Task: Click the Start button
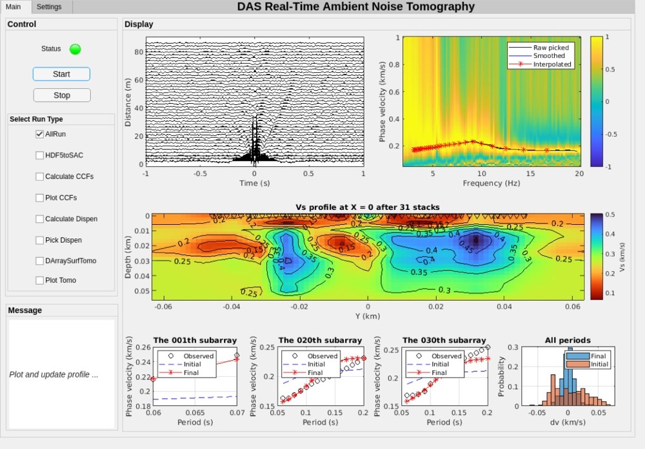click(61, 74)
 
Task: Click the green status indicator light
click(75, 49)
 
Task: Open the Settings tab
click(49, 6)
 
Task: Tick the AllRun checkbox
click(40, 134)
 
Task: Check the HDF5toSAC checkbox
click(40, 155)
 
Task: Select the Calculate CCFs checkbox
click(40, 177)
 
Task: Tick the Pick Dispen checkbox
click(40, 240)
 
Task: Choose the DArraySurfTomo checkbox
click(40, 261)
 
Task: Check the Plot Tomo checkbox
click(40, 280)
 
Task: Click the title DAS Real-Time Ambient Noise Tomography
click(356, 7)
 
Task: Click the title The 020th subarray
click(320, 340)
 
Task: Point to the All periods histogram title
click(567, 340)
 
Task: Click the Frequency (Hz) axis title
click(491, 183)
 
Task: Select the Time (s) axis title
click(254, 183)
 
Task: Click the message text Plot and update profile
click(54, 374)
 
